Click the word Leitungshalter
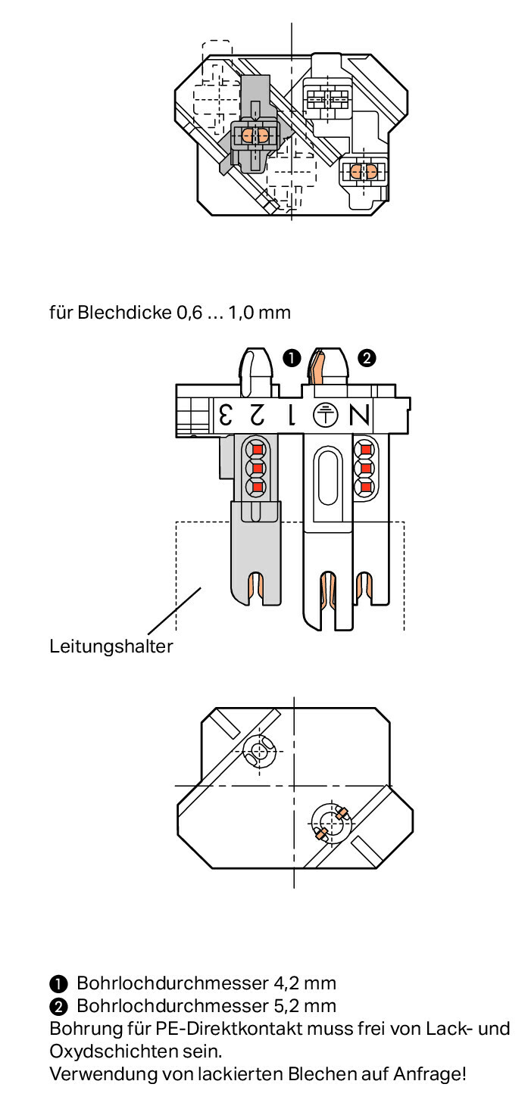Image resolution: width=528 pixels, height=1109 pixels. (x=111, y=646)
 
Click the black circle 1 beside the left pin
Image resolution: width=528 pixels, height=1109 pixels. (x=292, y=357)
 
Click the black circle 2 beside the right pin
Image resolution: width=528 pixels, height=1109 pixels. (x=367, y=357)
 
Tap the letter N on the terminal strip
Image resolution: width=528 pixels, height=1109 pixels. (x=359, y=415)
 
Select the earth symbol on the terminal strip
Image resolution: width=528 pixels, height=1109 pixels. (x=326, y=415)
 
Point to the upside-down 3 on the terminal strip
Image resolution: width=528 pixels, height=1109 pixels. (x=226, y=415)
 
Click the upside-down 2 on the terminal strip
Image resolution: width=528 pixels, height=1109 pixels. (x=257, y=415)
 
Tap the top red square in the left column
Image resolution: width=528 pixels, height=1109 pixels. (x=257, y=450)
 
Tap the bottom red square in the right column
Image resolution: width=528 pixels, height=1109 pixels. (x=366, y=488)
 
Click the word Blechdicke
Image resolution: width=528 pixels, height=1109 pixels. (x=124, y=313)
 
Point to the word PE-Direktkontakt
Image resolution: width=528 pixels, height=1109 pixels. (x=229, y=1028)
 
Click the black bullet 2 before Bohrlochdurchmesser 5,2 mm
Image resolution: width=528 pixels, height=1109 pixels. (x=58, y=1007)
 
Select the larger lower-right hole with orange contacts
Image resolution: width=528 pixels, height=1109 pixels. (x=331, y=823)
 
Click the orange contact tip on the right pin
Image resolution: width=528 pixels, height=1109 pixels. (x=315, y=367)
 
